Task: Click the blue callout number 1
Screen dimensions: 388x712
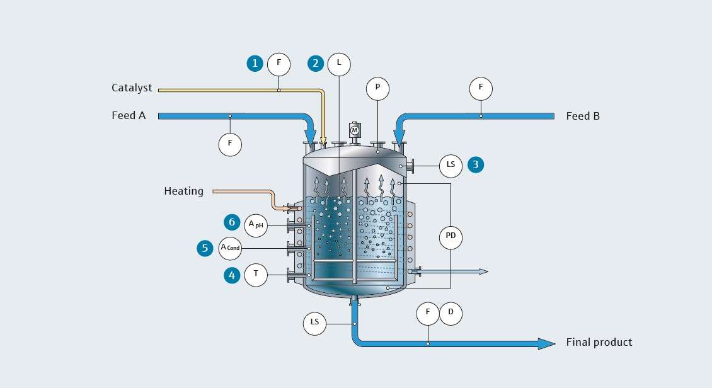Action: [255, 63]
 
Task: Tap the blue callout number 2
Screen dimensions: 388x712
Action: [316, 63]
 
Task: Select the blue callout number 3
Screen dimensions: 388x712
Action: [476, 165]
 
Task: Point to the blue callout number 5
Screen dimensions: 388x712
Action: [205, 248]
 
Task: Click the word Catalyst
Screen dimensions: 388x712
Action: [132, 88]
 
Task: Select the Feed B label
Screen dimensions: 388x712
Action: [582, 116]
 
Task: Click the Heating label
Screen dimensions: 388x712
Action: [183, 191]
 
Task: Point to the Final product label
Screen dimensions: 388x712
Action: [599, 343]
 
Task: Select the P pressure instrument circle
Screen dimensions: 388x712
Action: [377, 89]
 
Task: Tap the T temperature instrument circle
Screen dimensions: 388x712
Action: [256, 275]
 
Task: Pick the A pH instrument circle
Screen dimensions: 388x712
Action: [256, 225]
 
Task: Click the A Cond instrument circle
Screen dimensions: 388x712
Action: [231, 248]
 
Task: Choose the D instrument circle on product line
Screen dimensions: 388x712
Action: [451, 313]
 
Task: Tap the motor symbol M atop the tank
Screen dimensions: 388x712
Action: [354, 130]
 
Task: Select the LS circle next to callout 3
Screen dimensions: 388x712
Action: [451, 165]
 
